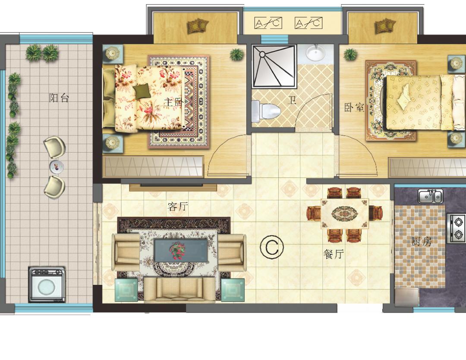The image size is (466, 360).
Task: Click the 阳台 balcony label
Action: [59, 98]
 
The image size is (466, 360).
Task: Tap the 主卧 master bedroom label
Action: [173, 102]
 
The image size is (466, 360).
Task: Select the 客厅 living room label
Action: [178, 206]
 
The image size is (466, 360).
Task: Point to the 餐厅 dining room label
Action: [333, 254]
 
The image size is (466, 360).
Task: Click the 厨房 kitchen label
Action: [421, 242]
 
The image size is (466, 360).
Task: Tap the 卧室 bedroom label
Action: [354, 107]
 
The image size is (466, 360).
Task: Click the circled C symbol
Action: [272, 246]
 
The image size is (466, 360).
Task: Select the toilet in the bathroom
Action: [266, 111]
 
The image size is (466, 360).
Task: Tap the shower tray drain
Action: [262, 54]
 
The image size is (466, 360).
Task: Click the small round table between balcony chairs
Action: [57, 167]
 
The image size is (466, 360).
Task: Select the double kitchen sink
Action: [431, 196]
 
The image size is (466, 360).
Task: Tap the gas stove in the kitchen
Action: [456, 228]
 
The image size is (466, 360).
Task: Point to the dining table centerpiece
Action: [345, 213]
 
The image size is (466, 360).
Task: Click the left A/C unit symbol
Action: [268, 23]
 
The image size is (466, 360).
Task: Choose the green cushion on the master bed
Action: [142, 90]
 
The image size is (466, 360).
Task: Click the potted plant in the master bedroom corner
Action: [236, 54]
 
